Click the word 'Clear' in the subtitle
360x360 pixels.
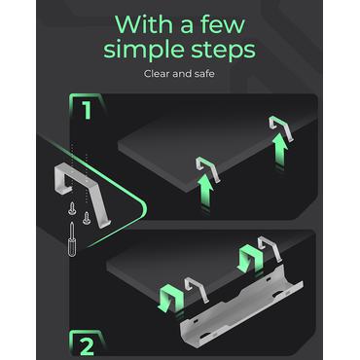coord(157,74)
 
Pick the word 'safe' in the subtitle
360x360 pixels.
coord(205,74)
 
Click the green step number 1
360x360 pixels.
coord(87,111)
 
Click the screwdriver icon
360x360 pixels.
coord(71,239)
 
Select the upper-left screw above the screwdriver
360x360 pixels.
coord(72,211)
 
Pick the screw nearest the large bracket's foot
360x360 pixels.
coord(86,218)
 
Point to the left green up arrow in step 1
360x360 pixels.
coord(205,191)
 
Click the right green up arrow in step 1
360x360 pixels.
coord(279,151)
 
